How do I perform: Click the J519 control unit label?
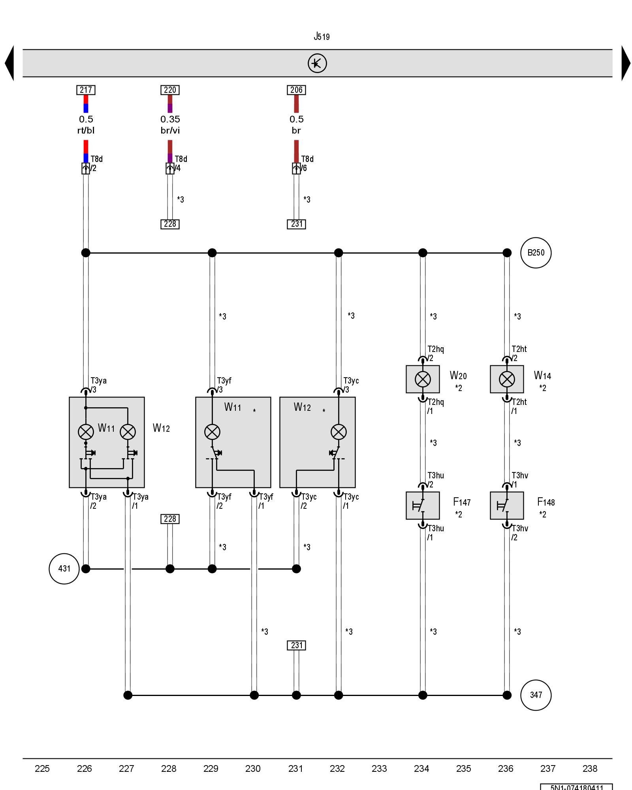[x=322, y=37]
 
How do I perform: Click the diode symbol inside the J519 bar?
[x=317, y=63]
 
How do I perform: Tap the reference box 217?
[x=86, y=90]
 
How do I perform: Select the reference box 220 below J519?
[x=170, y=90]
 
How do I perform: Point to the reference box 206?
[x=296, y=90]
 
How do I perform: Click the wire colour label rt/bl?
[x=86, y=130]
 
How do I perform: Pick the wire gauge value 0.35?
[x=170, y=119]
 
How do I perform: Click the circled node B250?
[x=536, y=253]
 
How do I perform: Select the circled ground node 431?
[x=64, y=569]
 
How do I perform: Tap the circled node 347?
[x=536, y=695]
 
